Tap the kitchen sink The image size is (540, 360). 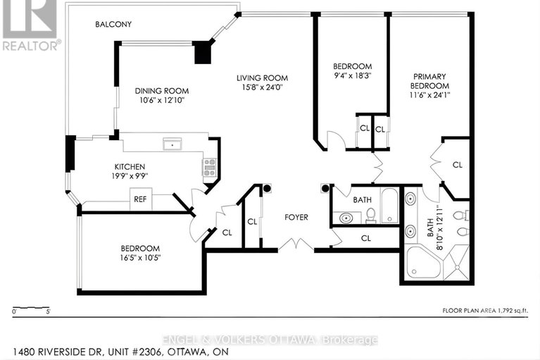point(170,144)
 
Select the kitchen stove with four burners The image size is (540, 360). point(209,168)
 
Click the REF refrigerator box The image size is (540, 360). point(140,199)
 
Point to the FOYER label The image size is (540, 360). point(296,218)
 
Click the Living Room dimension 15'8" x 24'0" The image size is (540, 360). point(262,88)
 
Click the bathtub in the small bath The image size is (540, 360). point(389,204)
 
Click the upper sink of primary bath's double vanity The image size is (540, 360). point(410,198)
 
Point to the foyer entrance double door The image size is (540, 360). point(295,245)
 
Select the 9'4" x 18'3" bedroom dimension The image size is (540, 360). point(352,77)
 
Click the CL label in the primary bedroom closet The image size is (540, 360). point(457,164)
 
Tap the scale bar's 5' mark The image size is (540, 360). point(47,311)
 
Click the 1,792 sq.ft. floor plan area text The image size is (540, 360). point(485,310)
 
